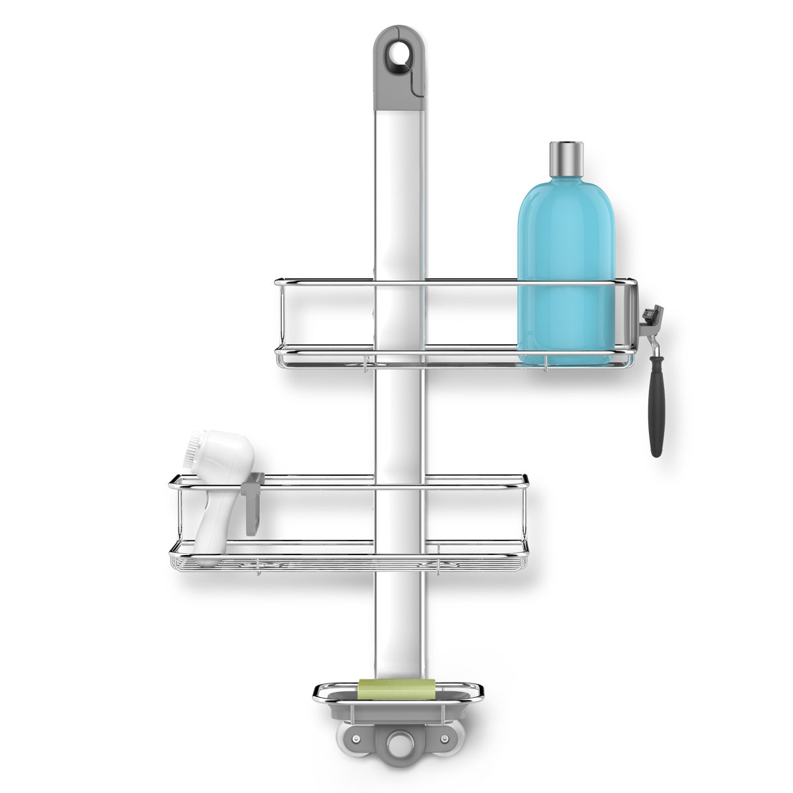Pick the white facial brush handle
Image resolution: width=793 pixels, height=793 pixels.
pyautogui.click(x=218, y=502)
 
